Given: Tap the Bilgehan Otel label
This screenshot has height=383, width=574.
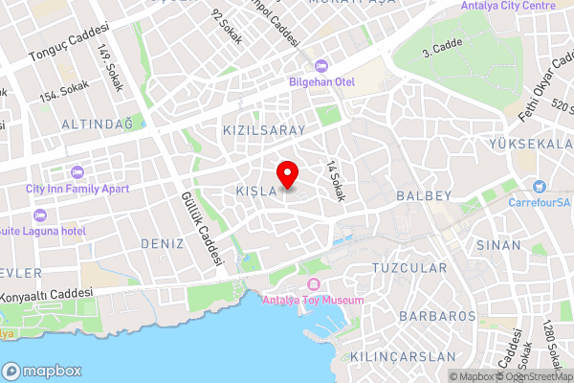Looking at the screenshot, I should point(322,82).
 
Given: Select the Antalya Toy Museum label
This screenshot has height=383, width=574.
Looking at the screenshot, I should point(313,300).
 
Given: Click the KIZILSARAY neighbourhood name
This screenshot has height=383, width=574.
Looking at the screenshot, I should point(263,129).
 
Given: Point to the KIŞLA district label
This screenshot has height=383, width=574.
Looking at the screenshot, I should point(256,192).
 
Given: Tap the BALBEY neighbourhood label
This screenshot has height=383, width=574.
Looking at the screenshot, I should point(422,196).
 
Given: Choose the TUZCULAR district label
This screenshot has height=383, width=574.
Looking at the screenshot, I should point(409,267).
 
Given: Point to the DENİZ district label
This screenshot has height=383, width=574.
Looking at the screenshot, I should point(162,244).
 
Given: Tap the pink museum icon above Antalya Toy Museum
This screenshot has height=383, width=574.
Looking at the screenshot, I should point(313,285).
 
